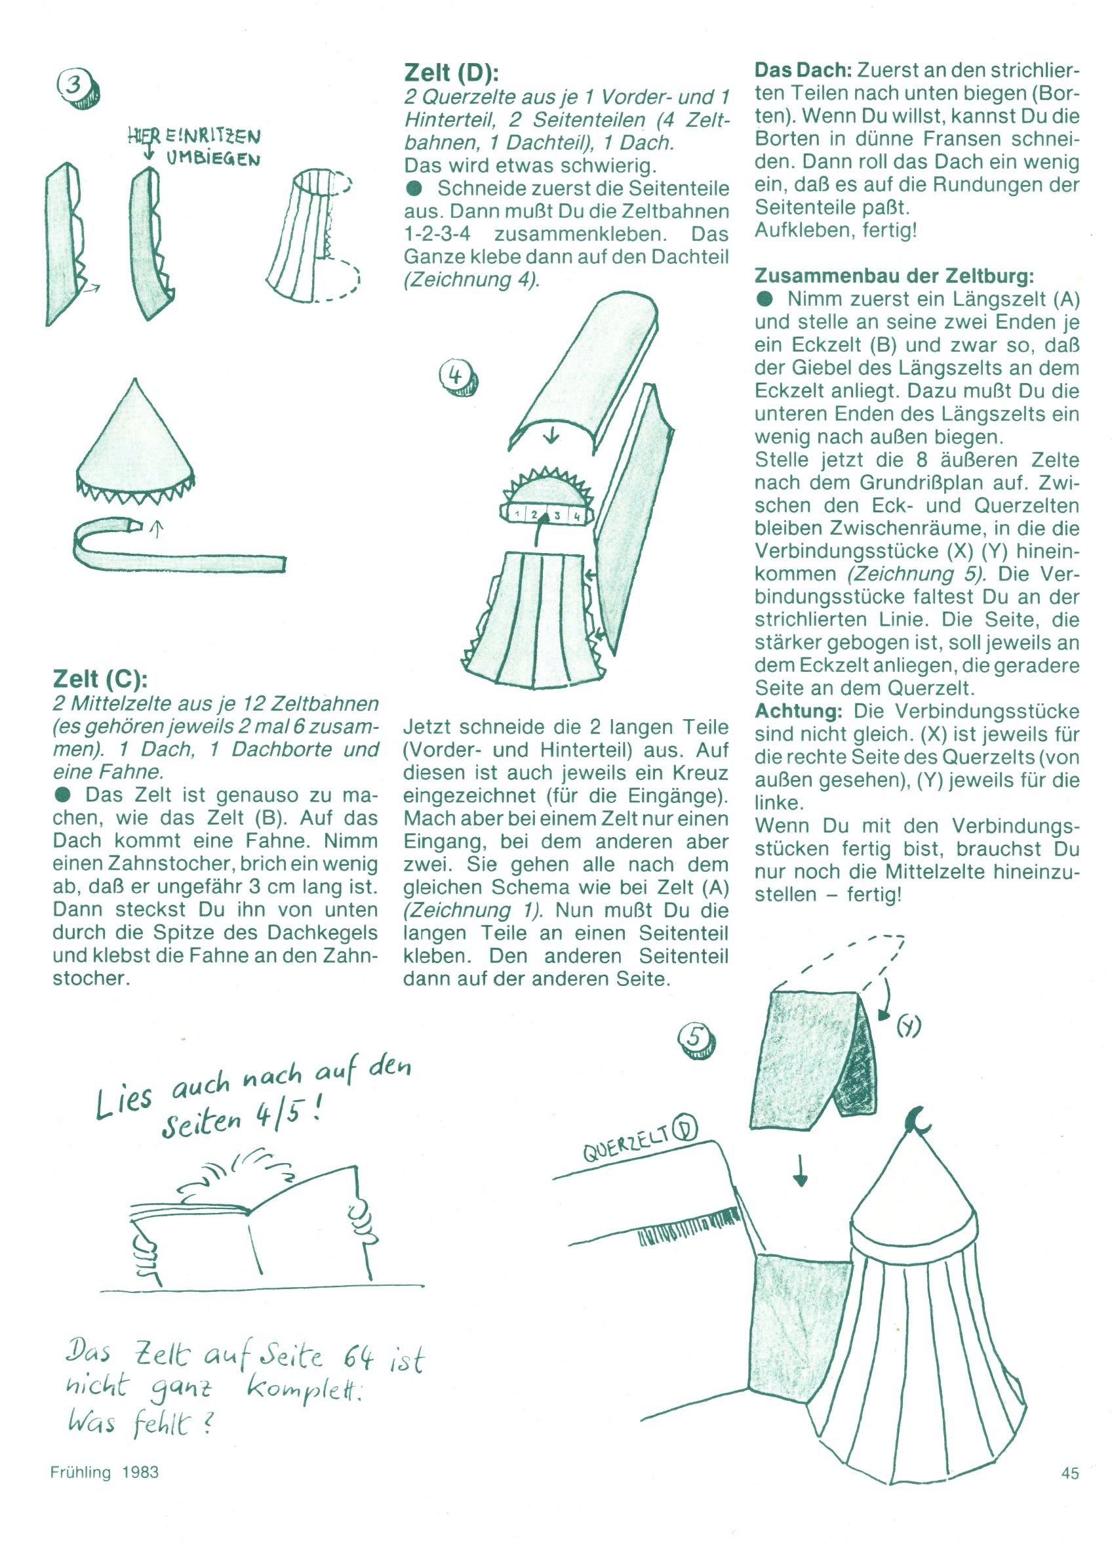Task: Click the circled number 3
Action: click(76, 88)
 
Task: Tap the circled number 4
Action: click(458, 377)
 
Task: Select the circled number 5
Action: click(697, 1041)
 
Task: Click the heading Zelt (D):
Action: click(452, 72)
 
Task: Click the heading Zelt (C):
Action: click(100, 678)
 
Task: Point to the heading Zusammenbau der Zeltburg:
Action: click(894, 276)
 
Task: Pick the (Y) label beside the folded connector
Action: click(908, 1026)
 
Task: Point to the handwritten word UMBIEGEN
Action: click(213, 159)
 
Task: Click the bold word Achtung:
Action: click(799, 711)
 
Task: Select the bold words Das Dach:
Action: click(803, 70)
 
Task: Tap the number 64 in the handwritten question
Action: click(359, 1357)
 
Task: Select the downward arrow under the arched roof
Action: click(551, 434)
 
